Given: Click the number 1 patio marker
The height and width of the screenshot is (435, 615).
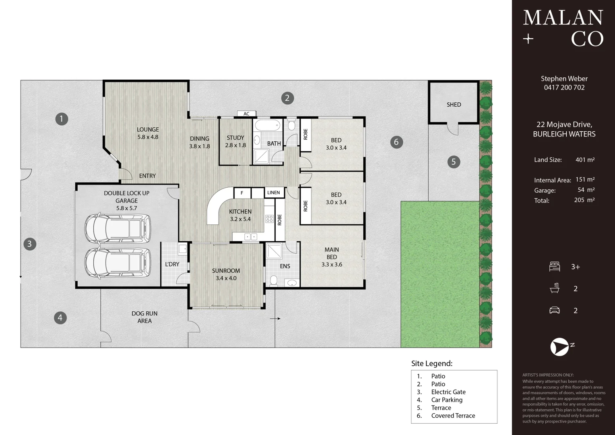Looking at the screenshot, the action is click(62, 119).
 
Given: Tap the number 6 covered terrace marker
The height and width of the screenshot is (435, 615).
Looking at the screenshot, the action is click(396, 142).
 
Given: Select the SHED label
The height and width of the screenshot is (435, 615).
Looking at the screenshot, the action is click(454, 105).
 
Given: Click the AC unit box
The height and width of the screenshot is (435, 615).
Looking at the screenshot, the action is click(247, 114).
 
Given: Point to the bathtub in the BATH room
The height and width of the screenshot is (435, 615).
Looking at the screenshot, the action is click(267, 125).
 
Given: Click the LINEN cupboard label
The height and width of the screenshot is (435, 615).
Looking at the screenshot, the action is click(273, 193).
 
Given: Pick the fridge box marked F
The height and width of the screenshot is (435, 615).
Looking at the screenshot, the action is click(242, 193).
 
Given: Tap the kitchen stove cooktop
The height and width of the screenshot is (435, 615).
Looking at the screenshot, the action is click(269, 219).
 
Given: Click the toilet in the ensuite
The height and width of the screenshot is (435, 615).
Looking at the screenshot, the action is click(273, 281).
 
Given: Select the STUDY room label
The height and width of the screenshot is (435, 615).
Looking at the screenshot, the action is click(235, 138).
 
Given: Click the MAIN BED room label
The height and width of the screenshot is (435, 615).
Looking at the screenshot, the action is click(332, 253).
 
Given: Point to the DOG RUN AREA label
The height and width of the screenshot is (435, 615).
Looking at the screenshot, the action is click(144, 317).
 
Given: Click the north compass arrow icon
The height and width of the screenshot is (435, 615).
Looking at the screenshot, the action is click(559, 347).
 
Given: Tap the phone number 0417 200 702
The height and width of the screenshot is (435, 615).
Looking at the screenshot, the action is click(564, 88).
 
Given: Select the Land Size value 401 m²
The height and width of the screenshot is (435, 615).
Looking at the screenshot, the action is click(585, 159).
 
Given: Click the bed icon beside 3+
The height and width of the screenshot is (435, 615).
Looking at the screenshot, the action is click(555, 267).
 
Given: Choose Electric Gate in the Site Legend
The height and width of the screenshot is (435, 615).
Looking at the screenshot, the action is click(448, 392).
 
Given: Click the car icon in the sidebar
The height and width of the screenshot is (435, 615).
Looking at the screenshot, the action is click(555, 310).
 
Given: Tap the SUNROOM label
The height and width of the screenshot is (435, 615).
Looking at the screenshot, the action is click(226, 271).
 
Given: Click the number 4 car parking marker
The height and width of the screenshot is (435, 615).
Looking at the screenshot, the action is click(60, 318).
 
